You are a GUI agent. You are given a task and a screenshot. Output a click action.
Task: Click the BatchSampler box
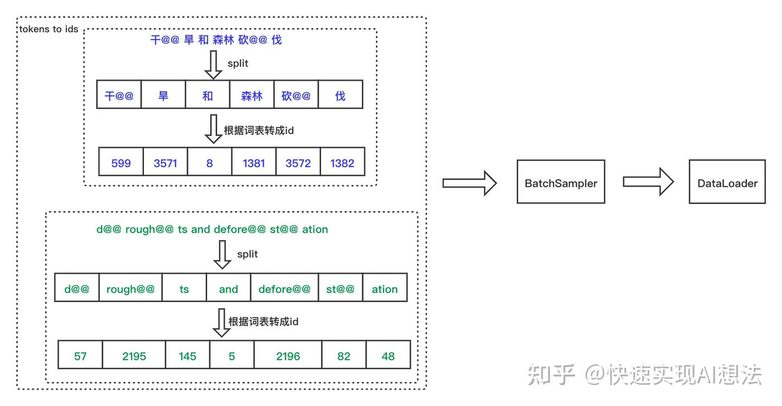coord(560,182)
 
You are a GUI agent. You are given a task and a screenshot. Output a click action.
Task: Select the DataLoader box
coord(727,182)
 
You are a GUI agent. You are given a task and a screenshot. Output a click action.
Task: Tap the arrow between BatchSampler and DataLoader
coord(648,182)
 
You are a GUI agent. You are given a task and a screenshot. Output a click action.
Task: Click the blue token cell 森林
coord(252,94)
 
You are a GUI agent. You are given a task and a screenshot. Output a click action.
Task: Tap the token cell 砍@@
coord(296,94)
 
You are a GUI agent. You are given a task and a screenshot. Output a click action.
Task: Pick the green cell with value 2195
coord(134,355)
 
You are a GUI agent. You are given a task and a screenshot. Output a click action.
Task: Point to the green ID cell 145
coord(187,355)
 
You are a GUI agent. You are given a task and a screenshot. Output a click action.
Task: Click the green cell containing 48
coord(388,355)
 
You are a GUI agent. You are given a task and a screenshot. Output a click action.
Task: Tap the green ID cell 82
coord(344,355)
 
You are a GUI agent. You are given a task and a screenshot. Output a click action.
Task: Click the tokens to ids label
coord(48,29)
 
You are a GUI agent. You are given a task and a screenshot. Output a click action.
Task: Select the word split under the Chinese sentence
coord(238,64)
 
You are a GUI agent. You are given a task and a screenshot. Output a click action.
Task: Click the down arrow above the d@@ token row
coord(222,255)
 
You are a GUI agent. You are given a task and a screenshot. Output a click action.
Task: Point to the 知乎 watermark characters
coord(551,375)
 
